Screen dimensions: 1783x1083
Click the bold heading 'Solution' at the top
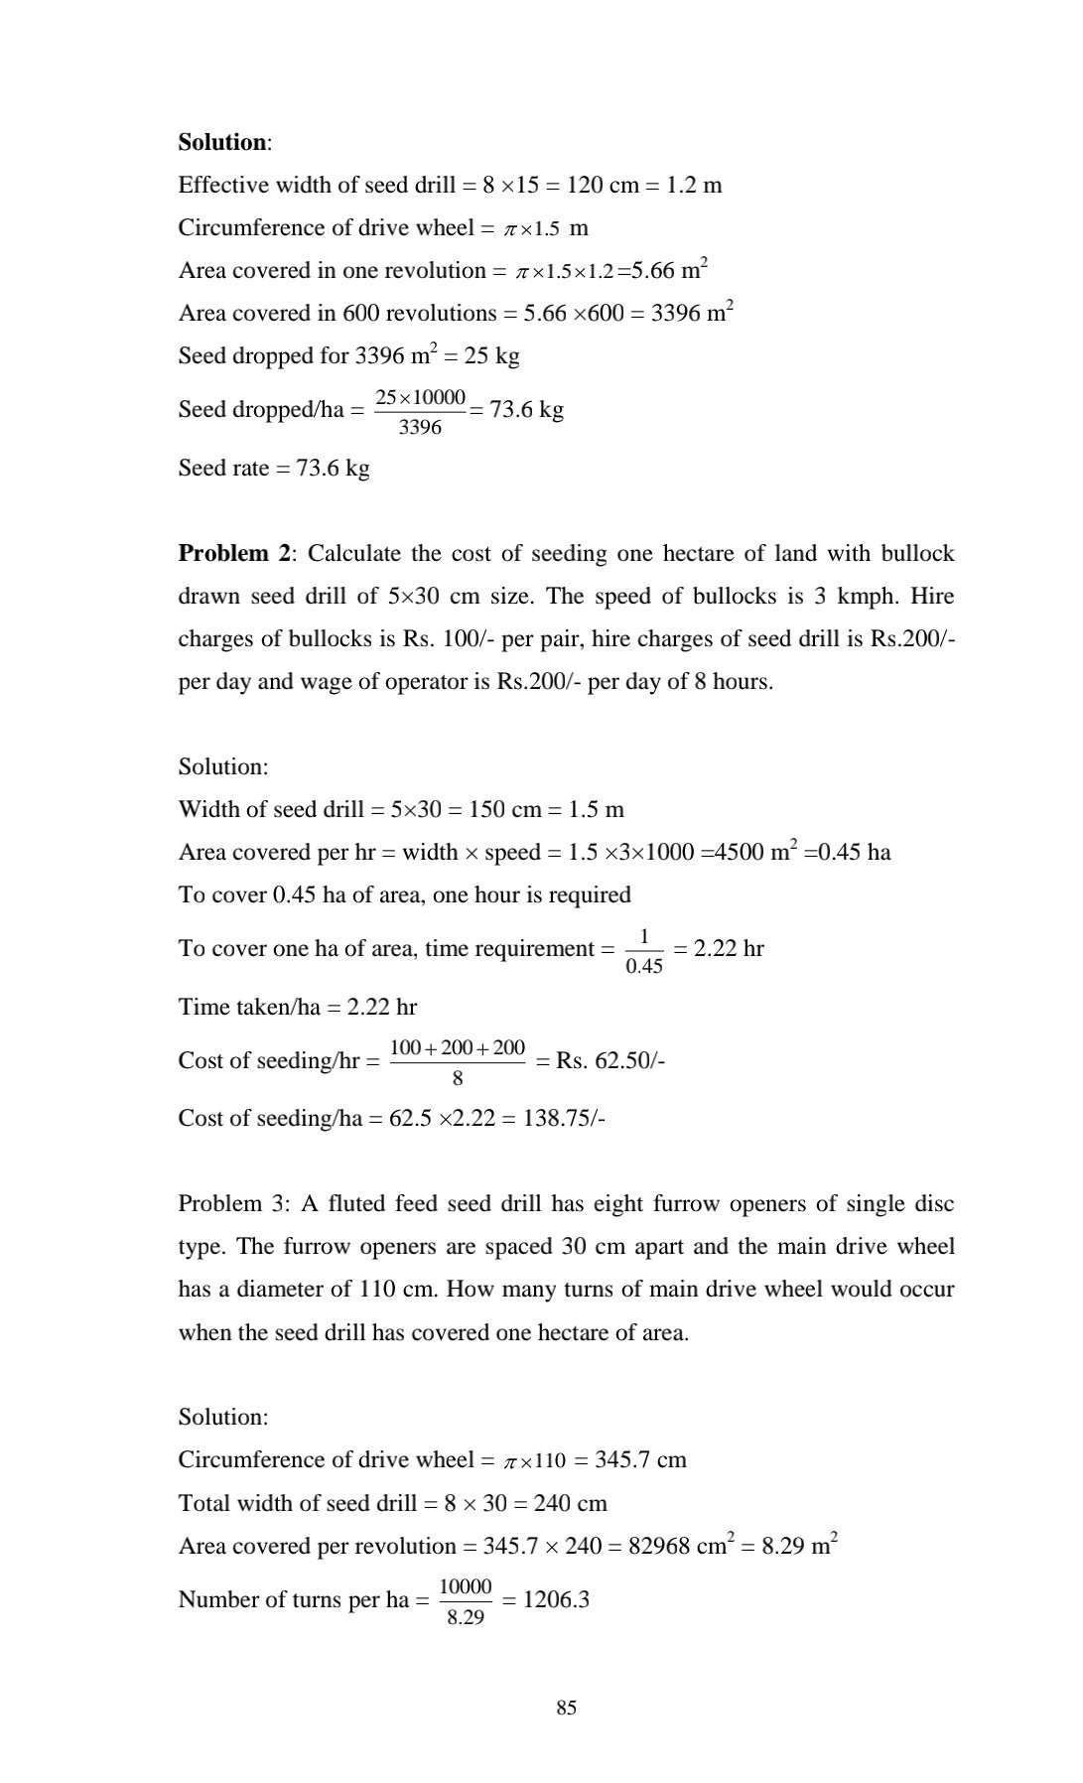pyautogui.click(x=222, y=143)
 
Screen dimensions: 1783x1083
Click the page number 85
pyautogui.click(x=567, y=1708)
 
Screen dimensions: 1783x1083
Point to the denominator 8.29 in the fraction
pyautogui.click(x=466, y=1617)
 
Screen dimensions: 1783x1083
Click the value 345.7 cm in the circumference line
pyautogui.click(x=640, y=1460)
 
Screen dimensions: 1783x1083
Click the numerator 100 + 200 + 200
pyautogui.click(x=458, y=1047)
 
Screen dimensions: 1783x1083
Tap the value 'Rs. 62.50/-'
pyautogui.click(x=610, y=1061)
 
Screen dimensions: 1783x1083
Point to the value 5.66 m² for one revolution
pyautogui.click(x=669, y=270)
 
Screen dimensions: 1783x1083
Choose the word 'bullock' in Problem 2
pyautogui.click(x=917, y=554)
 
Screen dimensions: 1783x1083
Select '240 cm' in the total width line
pyautogui.click(x=571, y=1503)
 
